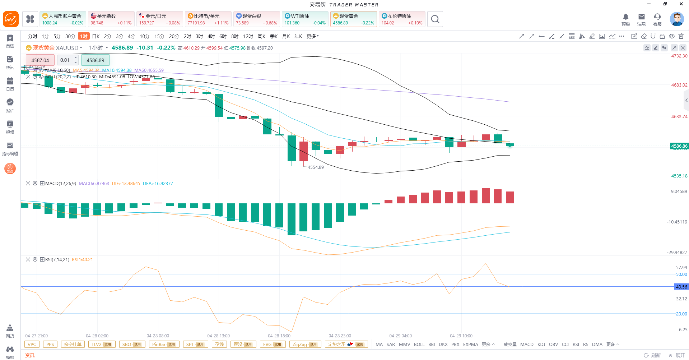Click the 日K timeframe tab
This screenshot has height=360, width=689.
(x=96, y=36)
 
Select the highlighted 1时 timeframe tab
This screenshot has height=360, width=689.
(x=84, y=36)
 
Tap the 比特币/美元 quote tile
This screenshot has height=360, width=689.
(x=208, y=19)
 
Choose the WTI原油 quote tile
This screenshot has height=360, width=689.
(x=305, y=19)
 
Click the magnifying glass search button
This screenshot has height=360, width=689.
(x=435, y=19)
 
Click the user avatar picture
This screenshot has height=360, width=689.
(x=677, y=19)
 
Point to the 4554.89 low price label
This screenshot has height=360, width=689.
(x=316, y=167)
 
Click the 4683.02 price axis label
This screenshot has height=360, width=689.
(x=679, y=85)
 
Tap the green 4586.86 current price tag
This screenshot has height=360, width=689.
(x=679, y=146)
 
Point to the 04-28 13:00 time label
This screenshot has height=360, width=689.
(x=218, y=336)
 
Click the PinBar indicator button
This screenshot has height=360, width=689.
(x=164, y=344)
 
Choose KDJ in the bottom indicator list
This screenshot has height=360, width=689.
(x=541, y=344)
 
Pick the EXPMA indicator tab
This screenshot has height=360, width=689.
(x=470, y=344)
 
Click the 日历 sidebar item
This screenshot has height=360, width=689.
(x=10, y=84)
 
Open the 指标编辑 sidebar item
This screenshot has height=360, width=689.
(x=10, y=148)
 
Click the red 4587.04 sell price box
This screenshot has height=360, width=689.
(x=40, y=60)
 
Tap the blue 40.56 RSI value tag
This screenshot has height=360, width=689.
(x=681, y=287)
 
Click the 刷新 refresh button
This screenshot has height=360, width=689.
(x=652, y=355)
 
